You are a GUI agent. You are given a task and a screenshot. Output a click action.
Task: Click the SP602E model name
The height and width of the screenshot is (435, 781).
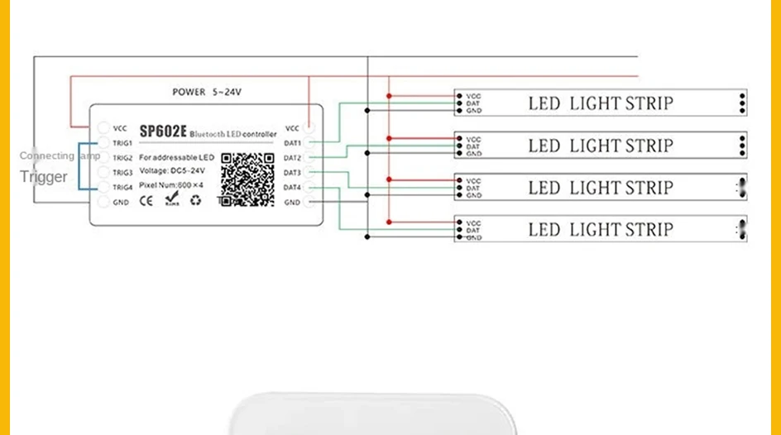pyautogui.click(x=163, y=131)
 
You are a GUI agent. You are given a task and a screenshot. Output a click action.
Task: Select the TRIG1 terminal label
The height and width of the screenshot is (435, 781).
pyautogui.click(x=122, y=143)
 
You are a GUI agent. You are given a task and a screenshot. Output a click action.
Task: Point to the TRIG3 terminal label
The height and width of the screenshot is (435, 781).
pyautogui.click(x=122, y=173)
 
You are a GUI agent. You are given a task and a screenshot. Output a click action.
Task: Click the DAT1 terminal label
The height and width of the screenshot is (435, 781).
pyautogui.click(x=292, y=143)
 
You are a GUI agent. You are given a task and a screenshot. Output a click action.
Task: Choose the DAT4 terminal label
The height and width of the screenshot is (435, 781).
pyautogui.click(x=292, y=188)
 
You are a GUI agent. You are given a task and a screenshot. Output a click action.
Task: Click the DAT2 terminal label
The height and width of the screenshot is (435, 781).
pyautogui.click(x=292, y=158)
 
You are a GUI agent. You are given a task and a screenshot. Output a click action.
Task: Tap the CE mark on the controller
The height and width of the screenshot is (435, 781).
pyautogui.click(x=146, y=199)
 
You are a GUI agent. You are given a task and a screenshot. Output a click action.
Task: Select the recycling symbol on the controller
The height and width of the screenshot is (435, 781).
pyautogui.click(x=195, y=199)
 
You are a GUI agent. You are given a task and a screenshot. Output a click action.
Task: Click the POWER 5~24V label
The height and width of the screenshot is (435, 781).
pyautogui.click(x=207, y=93)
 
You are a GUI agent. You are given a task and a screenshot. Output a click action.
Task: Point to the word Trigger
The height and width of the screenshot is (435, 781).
pyautogui.click(x=44, y=176)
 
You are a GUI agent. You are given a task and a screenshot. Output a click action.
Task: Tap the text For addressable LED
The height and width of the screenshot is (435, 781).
pyautogui.click(x=176, y=157)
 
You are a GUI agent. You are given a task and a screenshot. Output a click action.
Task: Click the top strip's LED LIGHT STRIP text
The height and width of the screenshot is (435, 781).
pyautogui.click(x=601, y=103)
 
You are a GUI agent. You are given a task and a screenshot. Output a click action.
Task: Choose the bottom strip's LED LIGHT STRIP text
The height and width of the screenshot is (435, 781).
pyautogui.click(x=601, y=229)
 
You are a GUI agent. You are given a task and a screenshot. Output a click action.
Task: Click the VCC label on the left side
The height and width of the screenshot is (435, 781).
pyautogui.click(x=120, y=128)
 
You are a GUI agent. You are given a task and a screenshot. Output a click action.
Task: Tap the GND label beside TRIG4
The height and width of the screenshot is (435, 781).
pyautogui.click(x=121, y=203)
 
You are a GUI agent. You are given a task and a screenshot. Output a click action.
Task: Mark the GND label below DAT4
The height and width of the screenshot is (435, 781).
pyautogui.click(x=292, y=203)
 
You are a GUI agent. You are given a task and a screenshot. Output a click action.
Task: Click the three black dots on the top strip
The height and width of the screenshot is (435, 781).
pyautogui.click(x=742, y=103)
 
